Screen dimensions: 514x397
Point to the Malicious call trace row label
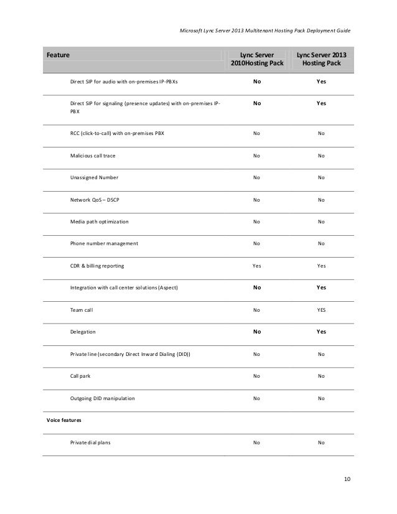click(93, 156)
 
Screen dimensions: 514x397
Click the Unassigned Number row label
click(94, 178)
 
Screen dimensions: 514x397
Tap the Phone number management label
click(104, 243)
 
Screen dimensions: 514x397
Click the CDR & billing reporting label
click(97, 266)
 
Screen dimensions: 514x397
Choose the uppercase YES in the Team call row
click(321, 309)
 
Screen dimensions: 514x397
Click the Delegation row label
click(83, 332)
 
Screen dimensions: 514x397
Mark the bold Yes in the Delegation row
click(321, 332)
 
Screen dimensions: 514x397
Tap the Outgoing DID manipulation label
click(102, 398)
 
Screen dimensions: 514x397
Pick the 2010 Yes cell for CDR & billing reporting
click(256, 266)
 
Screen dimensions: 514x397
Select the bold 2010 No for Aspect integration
click(256, 287)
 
